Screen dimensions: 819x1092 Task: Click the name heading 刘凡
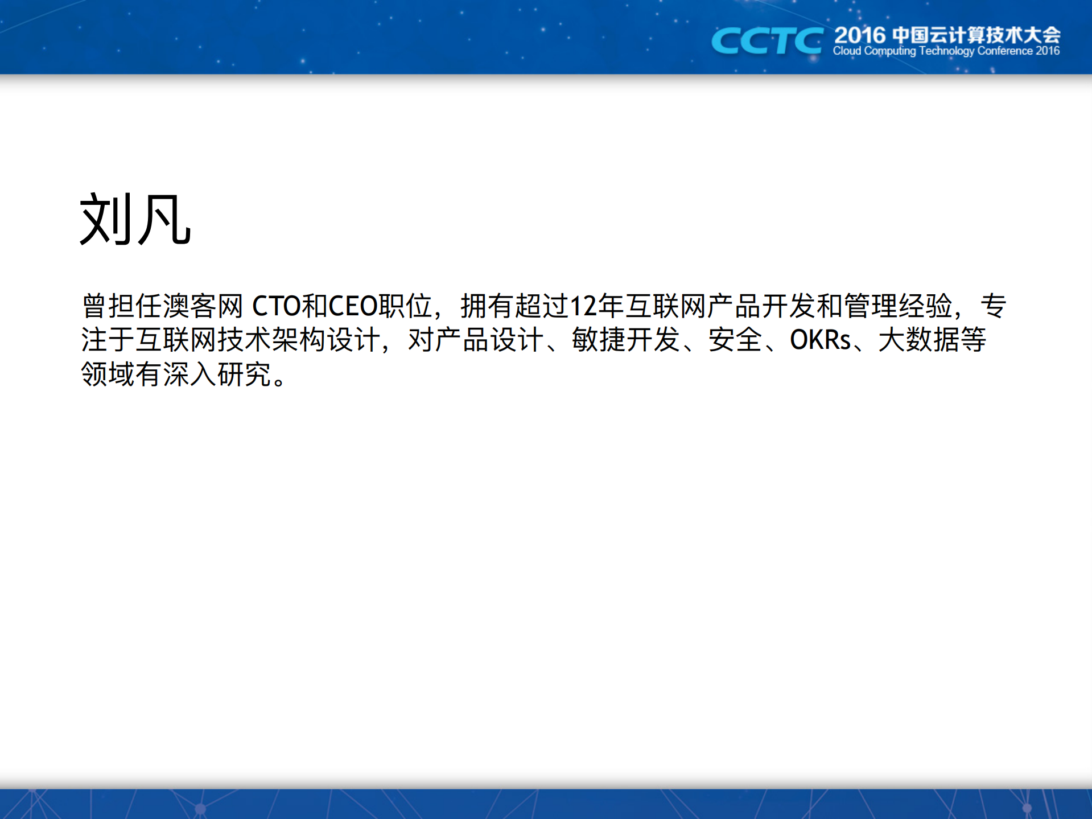pyautogui.click(x=135, y=219)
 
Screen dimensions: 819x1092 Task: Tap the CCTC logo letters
pyautogui.click(x=767, y=41)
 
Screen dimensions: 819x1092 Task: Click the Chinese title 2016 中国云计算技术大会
pyautogui.click(x=947, y=35)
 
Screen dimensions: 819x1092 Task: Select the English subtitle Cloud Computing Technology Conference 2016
pyautogui.click(x=946, y=51)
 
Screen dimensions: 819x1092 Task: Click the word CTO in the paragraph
pyautogui.click(x=276, y=306)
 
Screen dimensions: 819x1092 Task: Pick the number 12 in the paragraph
pyautogui.click(x=583, y=306)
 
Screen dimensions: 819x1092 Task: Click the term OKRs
pyautogui.click(x=820, y=340)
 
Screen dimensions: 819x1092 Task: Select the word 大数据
pyautogui.click(x=918, y=340)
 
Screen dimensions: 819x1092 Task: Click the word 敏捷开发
pyautogui.click(x=626, y=340)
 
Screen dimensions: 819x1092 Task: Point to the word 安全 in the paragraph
pyautogui.click(x=735, y=340)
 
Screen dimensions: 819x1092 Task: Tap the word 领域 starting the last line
pyautogui.click(x=108, y=374)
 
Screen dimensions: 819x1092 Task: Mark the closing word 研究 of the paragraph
pyautogui.click(x=245, y=374)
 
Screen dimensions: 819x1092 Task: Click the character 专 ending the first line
pyautogui.click(x=994, y=306)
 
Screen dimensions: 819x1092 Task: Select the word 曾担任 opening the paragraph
pyautogui.click(x=122, y=306)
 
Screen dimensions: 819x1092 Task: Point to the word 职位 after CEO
pyautogui.click(x=406, y=306)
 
